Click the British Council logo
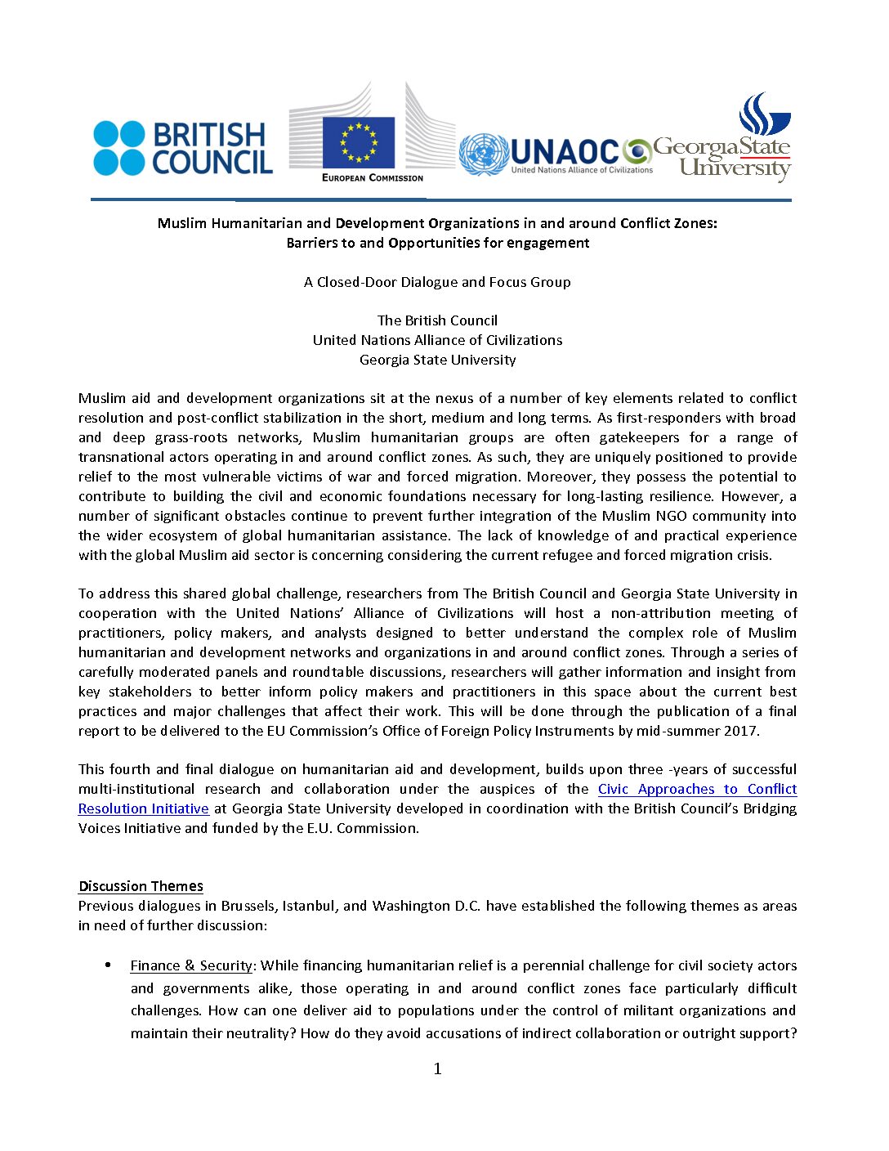pyautogui.click(x=183, y=148)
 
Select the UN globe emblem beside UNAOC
pyautogui.click(x=484, y=155)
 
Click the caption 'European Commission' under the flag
pyautogui.click(x=373, y=177)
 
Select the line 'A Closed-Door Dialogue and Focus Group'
pyautogui.click(x=437, y=282)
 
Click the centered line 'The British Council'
pyautogui.click(x=437, y=320)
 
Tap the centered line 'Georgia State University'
pyautogui.click(x=437, y=360)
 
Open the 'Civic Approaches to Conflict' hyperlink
pyautogui.click(x=697, y=789)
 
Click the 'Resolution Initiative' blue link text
pyautogui.click(x=144, y=808)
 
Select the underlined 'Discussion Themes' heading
pyautogui.click(x=141, y=886)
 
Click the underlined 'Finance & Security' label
pyautogui.click(x=191, y=965)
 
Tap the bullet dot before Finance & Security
pyautogui.click(x=108, y=965)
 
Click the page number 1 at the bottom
pyautogui.click(x=437, y=1068)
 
